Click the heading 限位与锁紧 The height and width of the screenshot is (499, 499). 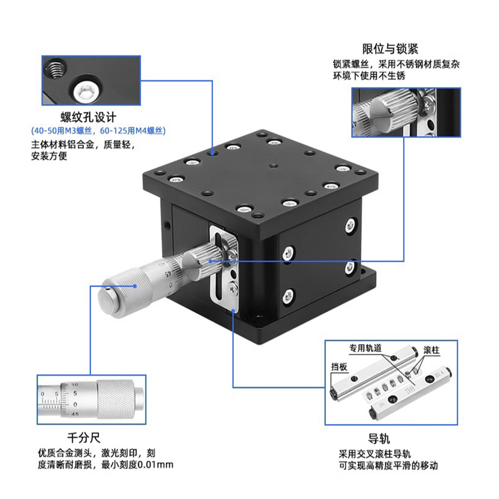[x=390, y=49]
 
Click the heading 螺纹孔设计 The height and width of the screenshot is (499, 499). [x=88, y=117]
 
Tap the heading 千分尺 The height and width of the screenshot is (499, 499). [x=84, y=438]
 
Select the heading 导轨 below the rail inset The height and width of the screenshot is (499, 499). [x=379, y=439]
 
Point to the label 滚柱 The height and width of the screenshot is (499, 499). [x=431, y=350]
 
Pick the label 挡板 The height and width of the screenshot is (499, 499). [x=339, y=367]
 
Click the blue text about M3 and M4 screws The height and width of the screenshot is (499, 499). [x=98, y=131]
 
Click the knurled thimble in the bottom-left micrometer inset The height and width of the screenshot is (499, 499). [x=115, y=399]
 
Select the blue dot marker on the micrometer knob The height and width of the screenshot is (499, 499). [x=135, y=286]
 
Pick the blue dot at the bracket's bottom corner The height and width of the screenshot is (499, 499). [x=233, y=310]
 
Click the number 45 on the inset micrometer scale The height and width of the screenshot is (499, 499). [x=75, y=414]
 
